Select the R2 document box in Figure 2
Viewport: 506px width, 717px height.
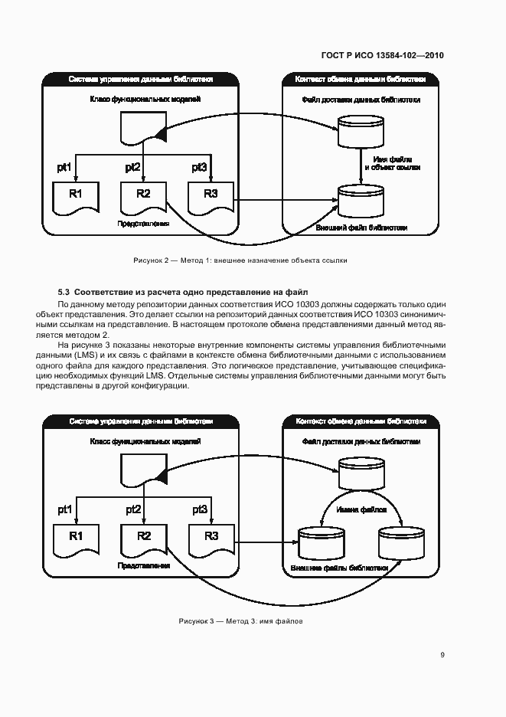pos(143,195)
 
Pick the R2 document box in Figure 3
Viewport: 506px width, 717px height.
pos(143,538)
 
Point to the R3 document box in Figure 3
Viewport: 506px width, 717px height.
pos(211,537)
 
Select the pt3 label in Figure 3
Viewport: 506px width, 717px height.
pos(200,509)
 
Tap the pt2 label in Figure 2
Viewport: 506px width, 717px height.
pos(132,167)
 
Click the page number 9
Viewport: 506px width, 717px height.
pos(442,654)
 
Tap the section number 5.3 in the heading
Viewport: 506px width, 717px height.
pos(64,292)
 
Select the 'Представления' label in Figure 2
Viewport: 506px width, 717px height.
pos(143,224)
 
